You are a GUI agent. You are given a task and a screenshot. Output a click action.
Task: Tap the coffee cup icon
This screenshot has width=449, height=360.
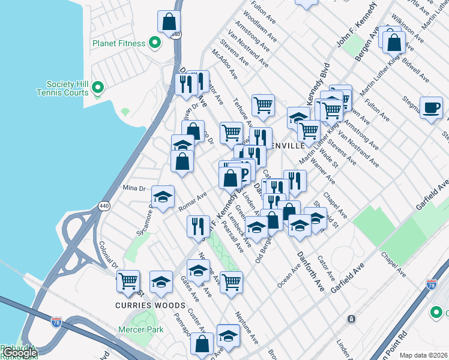pos(431,108)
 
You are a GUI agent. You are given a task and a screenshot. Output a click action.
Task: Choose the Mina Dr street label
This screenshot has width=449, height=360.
pos(134,188)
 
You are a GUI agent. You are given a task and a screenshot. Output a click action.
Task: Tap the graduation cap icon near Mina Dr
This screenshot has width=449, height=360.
pos(163,197)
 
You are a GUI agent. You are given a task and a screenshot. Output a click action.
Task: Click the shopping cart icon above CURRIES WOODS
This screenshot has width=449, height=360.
pos(128,280)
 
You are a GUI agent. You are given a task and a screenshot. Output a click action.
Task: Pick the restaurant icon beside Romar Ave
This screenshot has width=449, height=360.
pos(198,226)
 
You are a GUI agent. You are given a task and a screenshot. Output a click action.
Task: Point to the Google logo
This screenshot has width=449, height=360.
pos(20,353)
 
